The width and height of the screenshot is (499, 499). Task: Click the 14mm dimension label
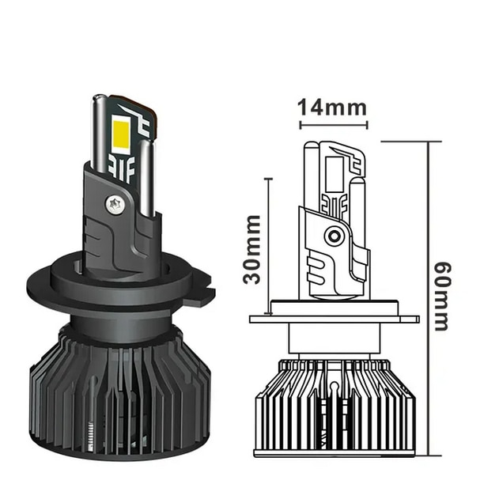[333, 108]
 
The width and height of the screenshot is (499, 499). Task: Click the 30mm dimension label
[252, 249]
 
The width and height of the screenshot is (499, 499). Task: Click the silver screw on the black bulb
[114, 203]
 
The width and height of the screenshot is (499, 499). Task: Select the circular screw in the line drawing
[334, 236]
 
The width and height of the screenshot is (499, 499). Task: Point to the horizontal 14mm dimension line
[333, 124]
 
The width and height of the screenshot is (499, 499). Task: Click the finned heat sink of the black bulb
[119, 395]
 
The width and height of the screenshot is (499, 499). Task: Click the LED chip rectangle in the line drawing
[334, 170]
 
